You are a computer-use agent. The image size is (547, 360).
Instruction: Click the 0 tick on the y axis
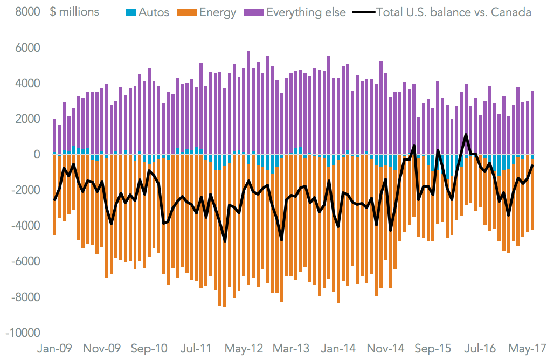coord(37,155)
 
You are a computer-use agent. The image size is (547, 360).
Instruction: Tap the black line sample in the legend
coord(364,12)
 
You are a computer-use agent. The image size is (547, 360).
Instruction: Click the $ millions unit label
coord(75,12)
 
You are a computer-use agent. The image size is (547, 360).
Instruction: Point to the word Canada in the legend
coord(513,12)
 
